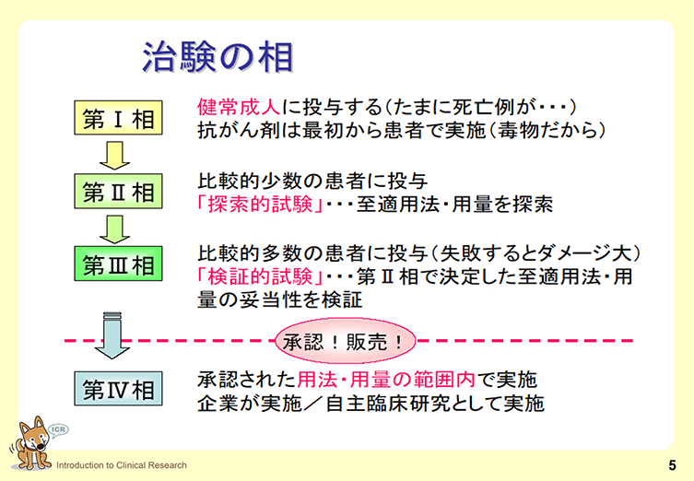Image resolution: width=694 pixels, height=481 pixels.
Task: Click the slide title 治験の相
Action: click(218, 56)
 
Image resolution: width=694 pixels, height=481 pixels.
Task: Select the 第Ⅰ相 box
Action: click(118, 120)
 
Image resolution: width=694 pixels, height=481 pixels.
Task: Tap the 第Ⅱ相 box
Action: click(118, 193)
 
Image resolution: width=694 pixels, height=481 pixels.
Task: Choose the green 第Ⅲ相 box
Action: click(118, 265)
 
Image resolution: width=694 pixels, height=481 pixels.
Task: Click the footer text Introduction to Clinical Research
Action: click(121, 465)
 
